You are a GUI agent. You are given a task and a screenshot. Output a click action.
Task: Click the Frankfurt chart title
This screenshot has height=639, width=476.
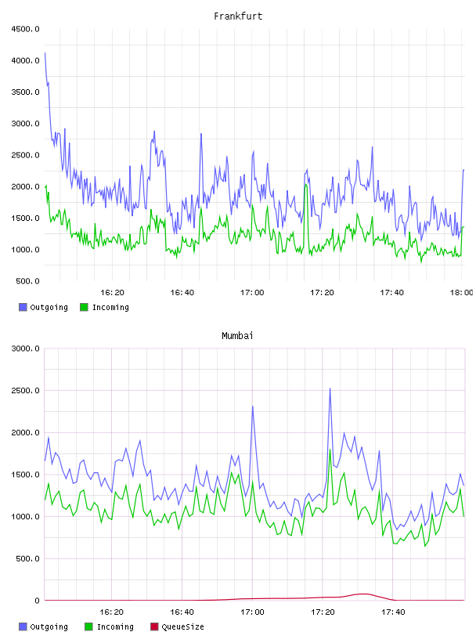tap(238, 16)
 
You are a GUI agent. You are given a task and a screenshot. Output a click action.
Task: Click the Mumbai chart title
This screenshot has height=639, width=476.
tap(237, 335)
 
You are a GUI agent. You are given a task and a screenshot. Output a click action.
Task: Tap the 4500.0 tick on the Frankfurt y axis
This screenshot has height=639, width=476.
tap(25, 29)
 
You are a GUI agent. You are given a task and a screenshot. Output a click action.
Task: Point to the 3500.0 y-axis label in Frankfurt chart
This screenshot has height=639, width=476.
tap(25, 92)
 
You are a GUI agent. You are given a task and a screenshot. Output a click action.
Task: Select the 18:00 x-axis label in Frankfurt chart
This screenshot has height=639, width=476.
tap(462, 292)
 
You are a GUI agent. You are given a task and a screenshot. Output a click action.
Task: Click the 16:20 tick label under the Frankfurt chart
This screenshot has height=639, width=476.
tap(112, 292)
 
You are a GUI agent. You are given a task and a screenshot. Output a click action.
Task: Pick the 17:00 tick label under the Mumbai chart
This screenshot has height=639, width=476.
tap(252, 612)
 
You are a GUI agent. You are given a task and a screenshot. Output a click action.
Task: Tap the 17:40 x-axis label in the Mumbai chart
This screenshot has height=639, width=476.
tap(393, 612)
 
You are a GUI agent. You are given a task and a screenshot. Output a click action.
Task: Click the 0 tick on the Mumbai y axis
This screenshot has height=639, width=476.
tap(37, 601)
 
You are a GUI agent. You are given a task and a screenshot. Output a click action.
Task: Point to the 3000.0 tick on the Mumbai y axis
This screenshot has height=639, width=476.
tap(25, 348)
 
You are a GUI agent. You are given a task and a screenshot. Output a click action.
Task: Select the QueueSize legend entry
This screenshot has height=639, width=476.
tap(177, 626)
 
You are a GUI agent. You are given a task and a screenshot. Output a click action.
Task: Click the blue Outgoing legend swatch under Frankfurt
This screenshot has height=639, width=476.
tap(23, 307)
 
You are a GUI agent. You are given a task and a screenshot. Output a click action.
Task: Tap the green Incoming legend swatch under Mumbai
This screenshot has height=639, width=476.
tap(88, 626)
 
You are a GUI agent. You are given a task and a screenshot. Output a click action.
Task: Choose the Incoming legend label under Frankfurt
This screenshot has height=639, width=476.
tap(110, 307)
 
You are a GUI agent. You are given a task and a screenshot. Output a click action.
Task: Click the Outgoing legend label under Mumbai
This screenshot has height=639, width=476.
tap(49, 626)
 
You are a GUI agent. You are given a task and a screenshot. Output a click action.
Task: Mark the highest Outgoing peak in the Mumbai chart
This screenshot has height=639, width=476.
tap(330, 388)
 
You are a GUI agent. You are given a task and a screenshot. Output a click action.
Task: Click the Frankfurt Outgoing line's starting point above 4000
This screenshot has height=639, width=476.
tap(45, 53)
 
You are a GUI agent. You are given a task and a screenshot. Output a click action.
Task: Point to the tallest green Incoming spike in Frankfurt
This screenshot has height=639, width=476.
tap(305, 184)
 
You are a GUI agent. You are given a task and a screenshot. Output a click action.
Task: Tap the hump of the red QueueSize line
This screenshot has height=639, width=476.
tap(363, 594)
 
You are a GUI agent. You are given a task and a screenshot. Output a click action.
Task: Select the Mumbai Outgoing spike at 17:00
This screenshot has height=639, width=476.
tap(253, 406)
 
